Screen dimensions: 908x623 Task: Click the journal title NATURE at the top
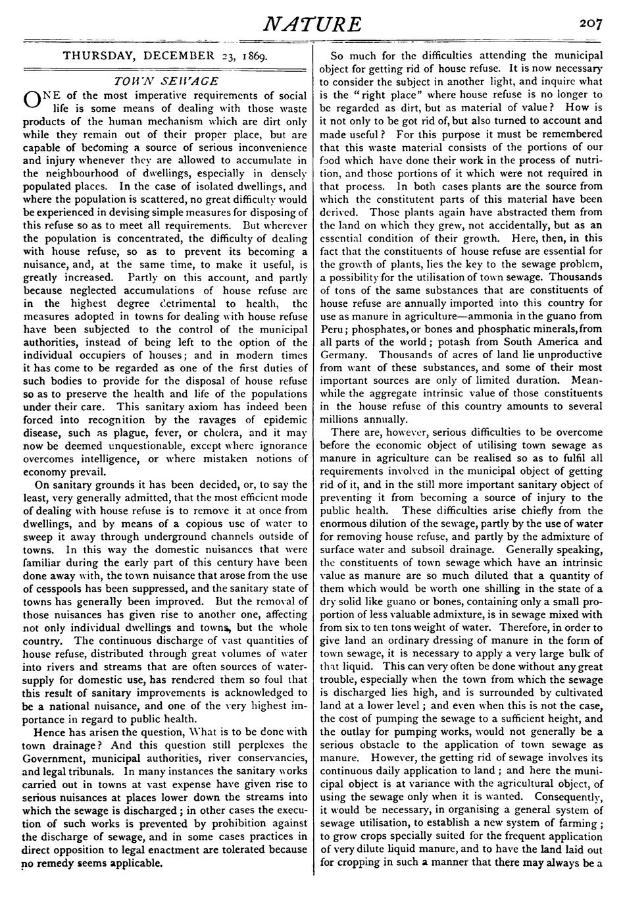click(312, 24)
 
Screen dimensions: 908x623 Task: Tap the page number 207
click(591, 24)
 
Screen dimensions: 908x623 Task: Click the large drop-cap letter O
click(31, 99)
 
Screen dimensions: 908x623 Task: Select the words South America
click(536, 341)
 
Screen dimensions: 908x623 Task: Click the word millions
click(342, 419)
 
